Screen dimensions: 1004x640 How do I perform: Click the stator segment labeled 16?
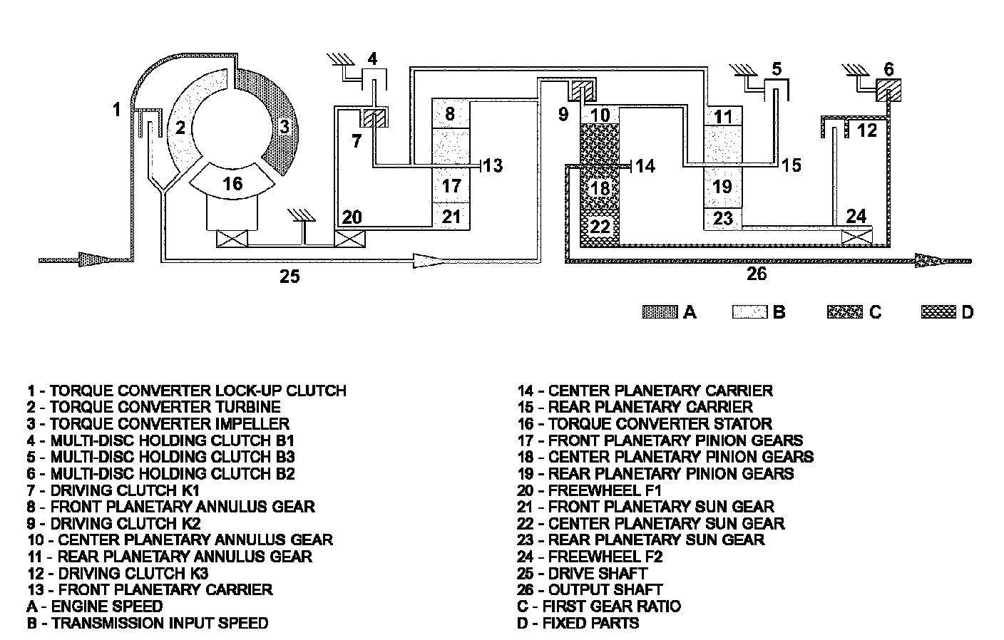(232, 182)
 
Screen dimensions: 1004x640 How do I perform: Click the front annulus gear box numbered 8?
(451, 113)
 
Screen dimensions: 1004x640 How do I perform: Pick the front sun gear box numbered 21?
(451, 217)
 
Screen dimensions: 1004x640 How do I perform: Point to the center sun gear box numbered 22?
(600, 227)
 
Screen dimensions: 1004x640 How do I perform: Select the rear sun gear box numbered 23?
(722, 219)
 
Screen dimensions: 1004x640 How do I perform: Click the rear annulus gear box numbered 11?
(722, 116)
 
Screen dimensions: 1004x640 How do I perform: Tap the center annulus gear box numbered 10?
(600, 115)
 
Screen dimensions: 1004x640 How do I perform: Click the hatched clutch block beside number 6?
(888, 91)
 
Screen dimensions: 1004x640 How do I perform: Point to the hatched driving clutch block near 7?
(374, 118)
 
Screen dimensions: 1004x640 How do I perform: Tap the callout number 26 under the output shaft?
(757, 273)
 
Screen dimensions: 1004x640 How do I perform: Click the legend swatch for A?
(660, 311)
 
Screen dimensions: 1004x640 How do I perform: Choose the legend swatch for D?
(938, 311)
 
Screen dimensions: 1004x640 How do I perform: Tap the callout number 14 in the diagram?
(645, 166)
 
